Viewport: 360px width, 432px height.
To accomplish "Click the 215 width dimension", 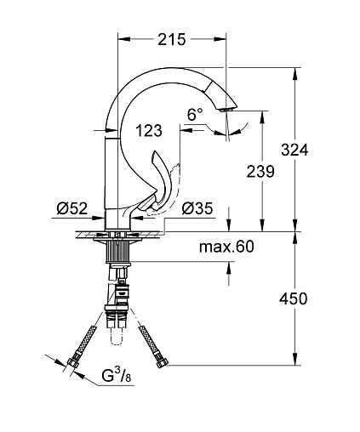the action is pos(172,39).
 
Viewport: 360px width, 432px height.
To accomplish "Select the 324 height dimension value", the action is pos(294,150).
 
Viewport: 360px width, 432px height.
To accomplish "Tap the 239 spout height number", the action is pos(260,171).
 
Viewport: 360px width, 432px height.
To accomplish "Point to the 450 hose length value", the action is pos(294,298).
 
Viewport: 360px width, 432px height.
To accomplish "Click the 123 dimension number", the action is pos(149,131).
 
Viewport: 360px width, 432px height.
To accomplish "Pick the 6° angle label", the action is pos(195,115).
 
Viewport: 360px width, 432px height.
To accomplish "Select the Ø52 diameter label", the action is pos(72,208).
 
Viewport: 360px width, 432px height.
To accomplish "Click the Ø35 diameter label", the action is pos(197,208).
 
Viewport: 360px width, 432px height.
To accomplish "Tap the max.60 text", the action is pos(226,247).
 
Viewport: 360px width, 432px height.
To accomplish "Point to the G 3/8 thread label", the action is pos(117,376).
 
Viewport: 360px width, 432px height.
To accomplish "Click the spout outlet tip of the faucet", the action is pos(228,110).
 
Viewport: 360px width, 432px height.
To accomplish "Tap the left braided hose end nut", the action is pos(72,364).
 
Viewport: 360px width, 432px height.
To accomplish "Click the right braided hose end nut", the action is pos(163,363).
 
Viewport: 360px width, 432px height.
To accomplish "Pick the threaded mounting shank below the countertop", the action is pos(118,252).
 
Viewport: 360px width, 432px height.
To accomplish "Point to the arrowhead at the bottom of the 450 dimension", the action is pos(295,359).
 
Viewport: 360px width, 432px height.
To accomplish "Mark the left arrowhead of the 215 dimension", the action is pos(124,39).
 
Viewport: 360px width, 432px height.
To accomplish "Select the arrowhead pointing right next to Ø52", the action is pos(100,218).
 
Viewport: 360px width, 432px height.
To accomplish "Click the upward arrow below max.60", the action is pos(229,267).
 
